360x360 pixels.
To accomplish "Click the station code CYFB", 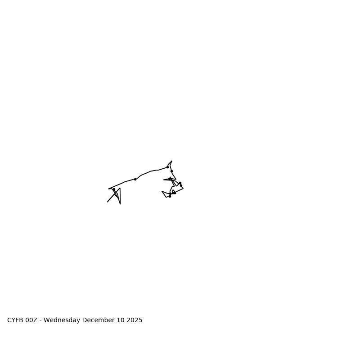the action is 15,320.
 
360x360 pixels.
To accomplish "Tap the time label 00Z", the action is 31,320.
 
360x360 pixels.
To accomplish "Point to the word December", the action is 97,320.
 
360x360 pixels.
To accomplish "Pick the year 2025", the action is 134,320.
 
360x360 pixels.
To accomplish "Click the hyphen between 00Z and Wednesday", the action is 41,320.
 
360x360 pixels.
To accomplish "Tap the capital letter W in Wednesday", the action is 47,320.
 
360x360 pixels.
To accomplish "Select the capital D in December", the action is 85,320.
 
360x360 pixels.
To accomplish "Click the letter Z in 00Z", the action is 36,320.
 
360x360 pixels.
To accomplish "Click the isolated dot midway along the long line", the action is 135,179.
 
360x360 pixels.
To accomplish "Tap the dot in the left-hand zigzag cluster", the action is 114,189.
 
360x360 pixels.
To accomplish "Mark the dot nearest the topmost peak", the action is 167,167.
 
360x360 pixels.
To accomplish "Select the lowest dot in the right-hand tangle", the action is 170,196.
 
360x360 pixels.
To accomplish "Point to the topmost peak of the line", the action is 172,161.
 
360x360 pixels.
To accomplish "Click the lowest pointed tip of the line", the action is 120,204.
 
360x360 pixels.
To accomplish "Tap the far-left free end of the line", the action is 108,202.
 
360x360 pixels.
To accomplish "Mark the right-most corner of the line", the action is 183,188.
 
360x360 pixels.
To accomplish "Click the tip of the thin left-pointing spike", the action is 164,180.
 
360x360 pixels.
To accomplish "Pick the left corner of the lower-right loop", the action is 162,191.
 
